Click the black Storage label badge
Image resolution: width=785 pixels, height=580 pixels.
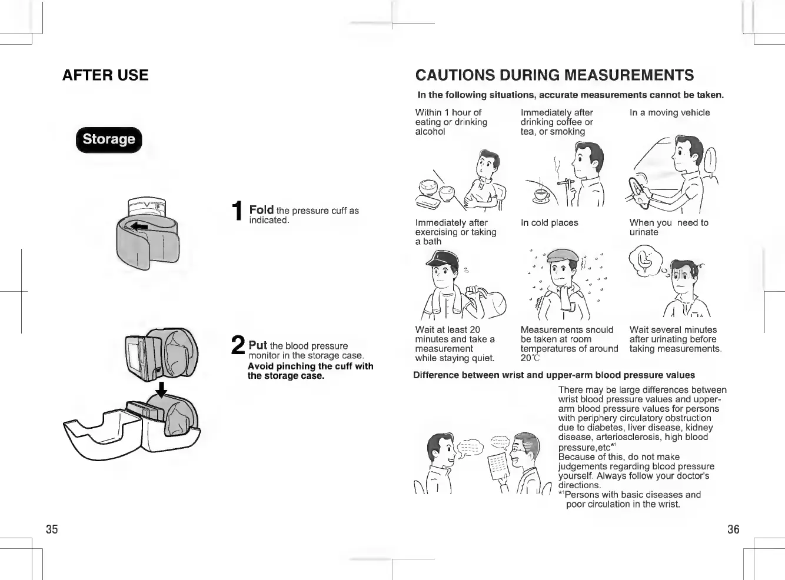point(109,139)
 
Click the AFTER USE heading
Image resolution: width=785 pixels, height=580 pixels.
point(105,75)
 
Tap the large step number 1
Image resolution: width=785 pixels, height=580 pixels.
point(237,211)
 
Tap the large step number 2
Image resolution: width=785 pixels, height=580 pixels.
point(238,345)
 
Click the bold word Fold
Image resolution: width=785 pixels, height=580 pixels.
point(261,210)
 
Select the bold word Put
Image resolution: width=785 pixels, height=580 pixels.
point(258,345)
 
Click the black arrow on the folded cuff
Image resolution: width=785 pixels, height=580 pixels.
point(139,226)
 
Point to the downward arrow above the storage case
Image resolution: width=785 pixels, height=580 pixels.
point(161,390)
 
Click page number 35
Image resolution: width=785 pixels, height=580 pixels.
point(52,529)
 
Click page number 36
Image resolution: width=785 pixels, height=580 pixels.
point(733,529)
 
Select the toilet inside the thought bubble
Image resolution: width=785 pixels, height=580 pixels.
point(645,259)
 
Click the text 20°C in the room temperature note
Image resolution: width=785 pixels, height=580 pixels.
point(530,358)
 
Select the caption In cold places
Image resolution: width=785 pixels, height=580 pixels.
point(549,223)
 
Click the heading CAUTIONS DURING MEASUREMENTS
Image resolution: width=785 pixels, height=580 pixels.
point(554,75)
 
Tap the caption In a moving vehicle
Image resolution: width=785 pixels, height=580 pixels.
point(670,112)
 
